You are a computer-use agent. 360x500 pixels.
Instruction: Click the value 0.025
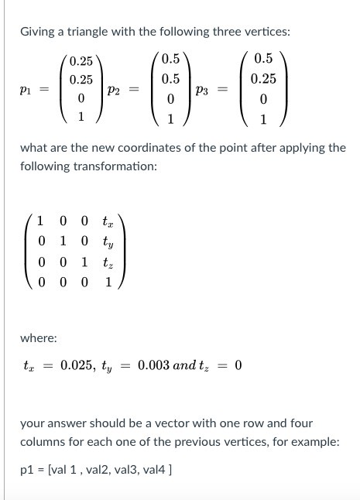tap(77, 365)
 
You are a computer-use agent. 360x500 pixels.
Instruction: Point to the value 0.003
tap(154, 365)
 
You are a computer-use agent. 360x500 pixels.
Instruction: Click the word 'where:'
tap(39, 338)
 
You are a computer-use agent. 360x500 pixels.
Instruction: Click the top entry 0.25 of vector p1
tap(81, 61)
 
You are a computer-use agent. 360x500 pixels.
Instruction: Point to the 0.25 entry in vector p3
tap(263, 79)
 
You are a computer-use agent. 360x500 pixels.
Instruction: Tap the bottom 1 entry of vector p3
tap(263, 119)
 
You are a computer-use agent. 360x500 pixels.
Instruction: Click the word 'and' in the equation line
tap(187, 365)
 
